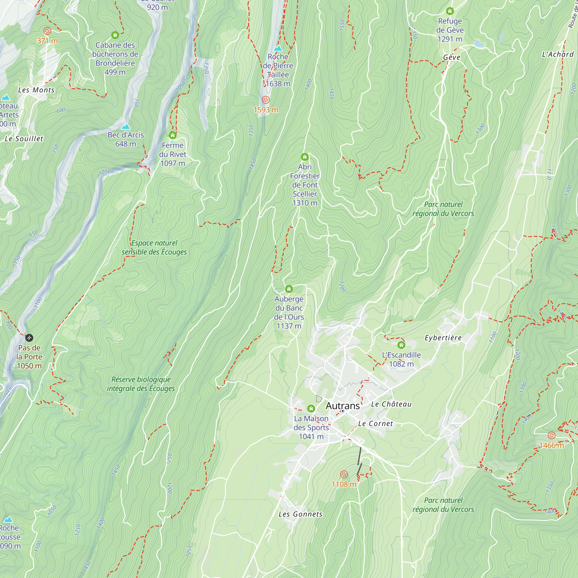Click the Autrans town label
pos(342,406)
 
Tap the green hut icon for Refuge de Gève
pos(450,11)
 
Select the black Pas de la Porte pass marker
pos(29,338)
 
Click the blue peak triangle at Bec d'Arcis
pos(126,127)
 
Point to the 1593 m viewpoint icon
pos(266,100)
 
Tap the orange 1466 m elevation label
pos(551,445)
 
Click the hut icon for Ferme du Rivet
pos(173,135)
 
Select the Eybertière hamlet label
pos(443,338)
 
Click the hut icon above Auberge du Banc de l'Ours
pos(289,289)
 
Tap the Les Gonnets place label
pos(300,514)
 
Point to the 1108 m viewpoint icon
pos(344,474)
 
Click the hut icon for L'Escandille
pos(401,345)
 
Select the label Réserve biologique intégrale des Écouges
pos(141,384)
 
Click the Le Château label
pos(391,404)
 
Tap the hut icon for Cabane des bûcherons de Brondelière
pos(115,35)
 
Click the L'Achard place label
pos(558,54)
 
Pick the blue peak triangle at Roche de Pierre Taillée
pos(278,48)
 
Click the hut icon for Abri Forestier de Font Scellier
pos(305,157)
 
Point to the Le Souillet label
pos(24,139)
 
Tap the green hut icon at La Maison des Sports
pos(311,408)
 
